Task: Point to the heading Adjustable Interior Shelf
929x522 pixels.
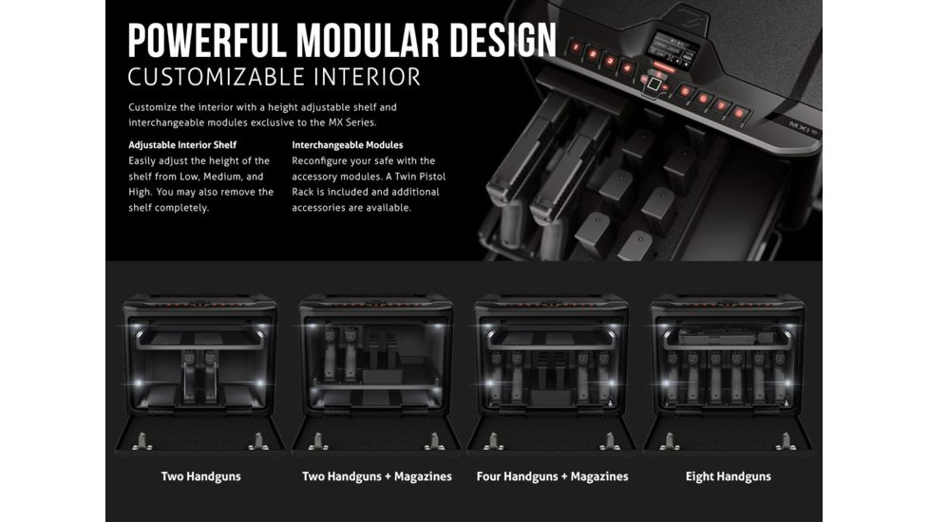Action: pyautogui.click(x=182, y=145)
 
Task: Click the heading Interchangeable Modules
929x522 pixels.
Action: pyautogui.click(x=348, y=145)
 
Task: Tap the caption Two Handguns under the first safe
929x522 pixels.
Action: pyautogui.click(x=200, y=476)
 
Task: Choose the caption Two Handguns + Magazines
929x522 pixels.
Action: pyautogui.click(x=377, y=476)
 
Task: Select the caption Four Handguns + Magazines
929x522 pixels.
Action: pyautogui.click(x=552, y=476)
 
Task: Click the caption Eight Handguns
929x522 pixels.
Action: pyautogui.click(x=729, y=476)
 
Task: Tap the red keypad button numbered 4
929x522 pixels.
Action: pyautogui.click(x=627, y=68)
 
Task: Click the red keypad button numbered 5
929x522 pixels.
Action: pyautogui.click(x=686, y=92)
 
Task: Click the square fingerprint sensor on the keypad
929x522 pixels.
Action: pyautogui.click(x=654, y=84)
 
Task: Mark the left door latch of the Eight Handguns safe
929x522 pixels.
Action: pyautogui.click(x=670, y=440)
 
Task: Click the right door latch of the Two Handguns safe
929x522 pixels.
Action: pyautogui.click(x=258, y=440)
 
